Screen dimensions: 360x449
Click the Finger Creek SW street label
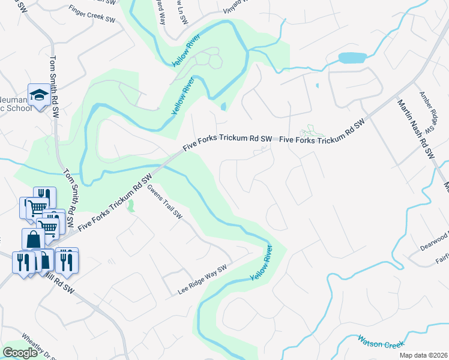92,15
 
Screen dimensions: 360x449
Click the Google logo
20,353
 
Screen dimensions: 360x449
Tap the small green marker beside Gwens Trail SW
130,207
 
